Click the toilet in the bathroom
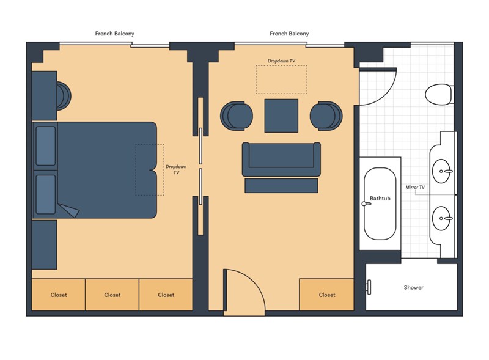coord(439,94)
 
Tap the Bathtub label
coord(380,199)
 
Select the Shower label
coord(414,288)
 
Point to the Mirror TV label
coord(415,187)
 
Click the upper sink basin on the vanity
coord(442,171)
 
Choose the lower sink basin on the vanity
coord(442,218)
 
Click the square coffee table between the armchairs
coord(281,116)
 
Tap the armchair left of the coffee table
coord(237,116)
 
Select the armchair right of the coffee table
coord(326,116)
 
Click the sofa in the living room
coord(281,160)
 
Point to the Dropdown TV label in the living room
coord(281,61)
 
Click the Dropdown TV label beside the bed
coord(176,169)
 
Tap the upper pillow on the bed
coord(45,145)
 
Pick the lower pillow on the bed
coord(45,194)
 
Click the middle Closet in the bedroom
coord(112,295)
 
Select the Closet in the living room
coord(327,295)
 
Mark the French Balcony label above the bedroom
coord(114,34)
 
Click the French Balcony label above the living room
coord(289,34)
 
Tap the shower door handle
coord(369,287)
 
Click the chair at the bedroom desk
coord(64,96)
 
